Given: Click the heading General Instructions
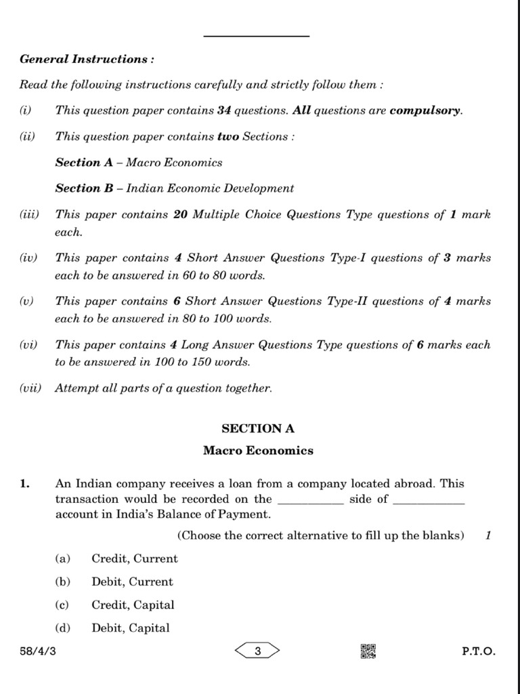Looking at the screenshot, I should pos(87,59).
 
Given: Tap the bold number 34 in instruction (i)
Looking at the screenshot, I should pos(224,110).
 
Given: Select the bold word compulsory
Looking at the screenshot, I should pos(425,110).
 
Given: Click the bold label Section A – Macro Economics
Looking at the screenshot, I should pos(139,163).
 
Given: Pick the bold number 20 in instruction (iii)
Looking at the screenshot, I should pos(180,215).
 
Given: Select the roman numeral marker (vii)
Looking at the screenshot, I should pos(30,388).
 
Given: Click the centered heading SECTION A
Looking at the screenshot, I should pos(258,428).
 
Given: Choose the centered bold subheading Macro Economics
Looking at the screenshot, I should pos(258,450).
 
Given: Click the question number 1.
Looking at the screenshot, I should pos(24,484).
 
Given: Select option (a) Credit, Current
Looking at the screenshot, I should pos(134,559).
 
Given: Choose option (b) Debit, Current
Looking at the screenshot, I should pos(132,582).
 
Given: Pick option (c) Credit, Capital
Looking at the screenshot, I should pos(133,605).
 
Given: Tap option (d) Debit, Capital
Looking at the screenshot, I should pos(131,628).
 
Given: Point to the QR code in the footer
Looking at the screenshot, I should pos(368,652).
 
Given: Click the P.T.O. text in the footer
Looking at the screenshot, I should pos(479,652).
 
